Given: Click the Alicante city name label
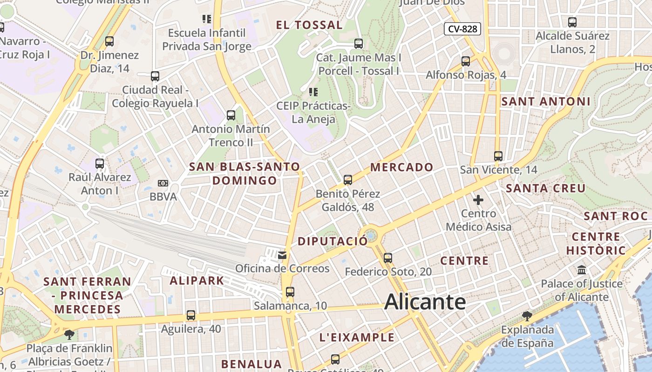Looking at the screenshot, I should [425, 302].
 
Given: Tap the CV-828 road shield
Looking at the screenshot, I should [462, 29].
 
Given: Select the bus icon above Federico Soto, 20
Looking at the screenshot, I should [388, 258].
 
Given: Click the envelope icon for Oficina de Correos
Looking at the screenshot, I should [282, 255].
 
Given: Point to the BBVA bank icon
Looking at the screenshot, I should [163, 183].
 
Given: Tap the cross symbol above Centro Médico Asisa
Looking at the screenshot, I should [478, 200].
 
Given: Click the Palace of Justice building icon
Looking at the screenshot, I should [582, 270].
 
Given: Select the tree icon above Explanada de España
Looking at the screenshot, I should [527, 317].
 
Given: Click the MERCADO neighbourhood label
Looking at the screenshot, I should [401, 167].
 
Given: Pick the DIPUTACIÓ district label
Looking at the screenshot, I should [333, 241].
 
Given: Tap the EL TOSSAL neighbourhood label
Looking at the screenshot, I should [309, 25].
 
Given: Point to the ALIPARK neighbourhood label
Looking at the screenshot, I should [197, 280].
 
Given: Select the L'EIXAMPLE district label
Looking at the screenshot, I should [357, 338].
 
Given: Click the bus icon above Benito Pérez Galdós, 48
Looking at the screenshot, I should [347, 180].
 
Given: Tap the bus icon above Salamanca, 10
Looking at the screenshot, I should [290, 292].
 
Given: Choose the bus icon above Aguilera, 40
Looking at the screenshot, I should [191, 315].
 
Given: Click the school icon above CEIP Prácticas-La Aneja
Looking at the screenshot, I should [313, 92].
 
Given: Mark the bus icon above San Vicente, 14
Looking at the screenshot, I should [498, 156].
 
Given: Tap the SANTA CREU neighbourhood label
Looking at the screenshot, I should [545, 188].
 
